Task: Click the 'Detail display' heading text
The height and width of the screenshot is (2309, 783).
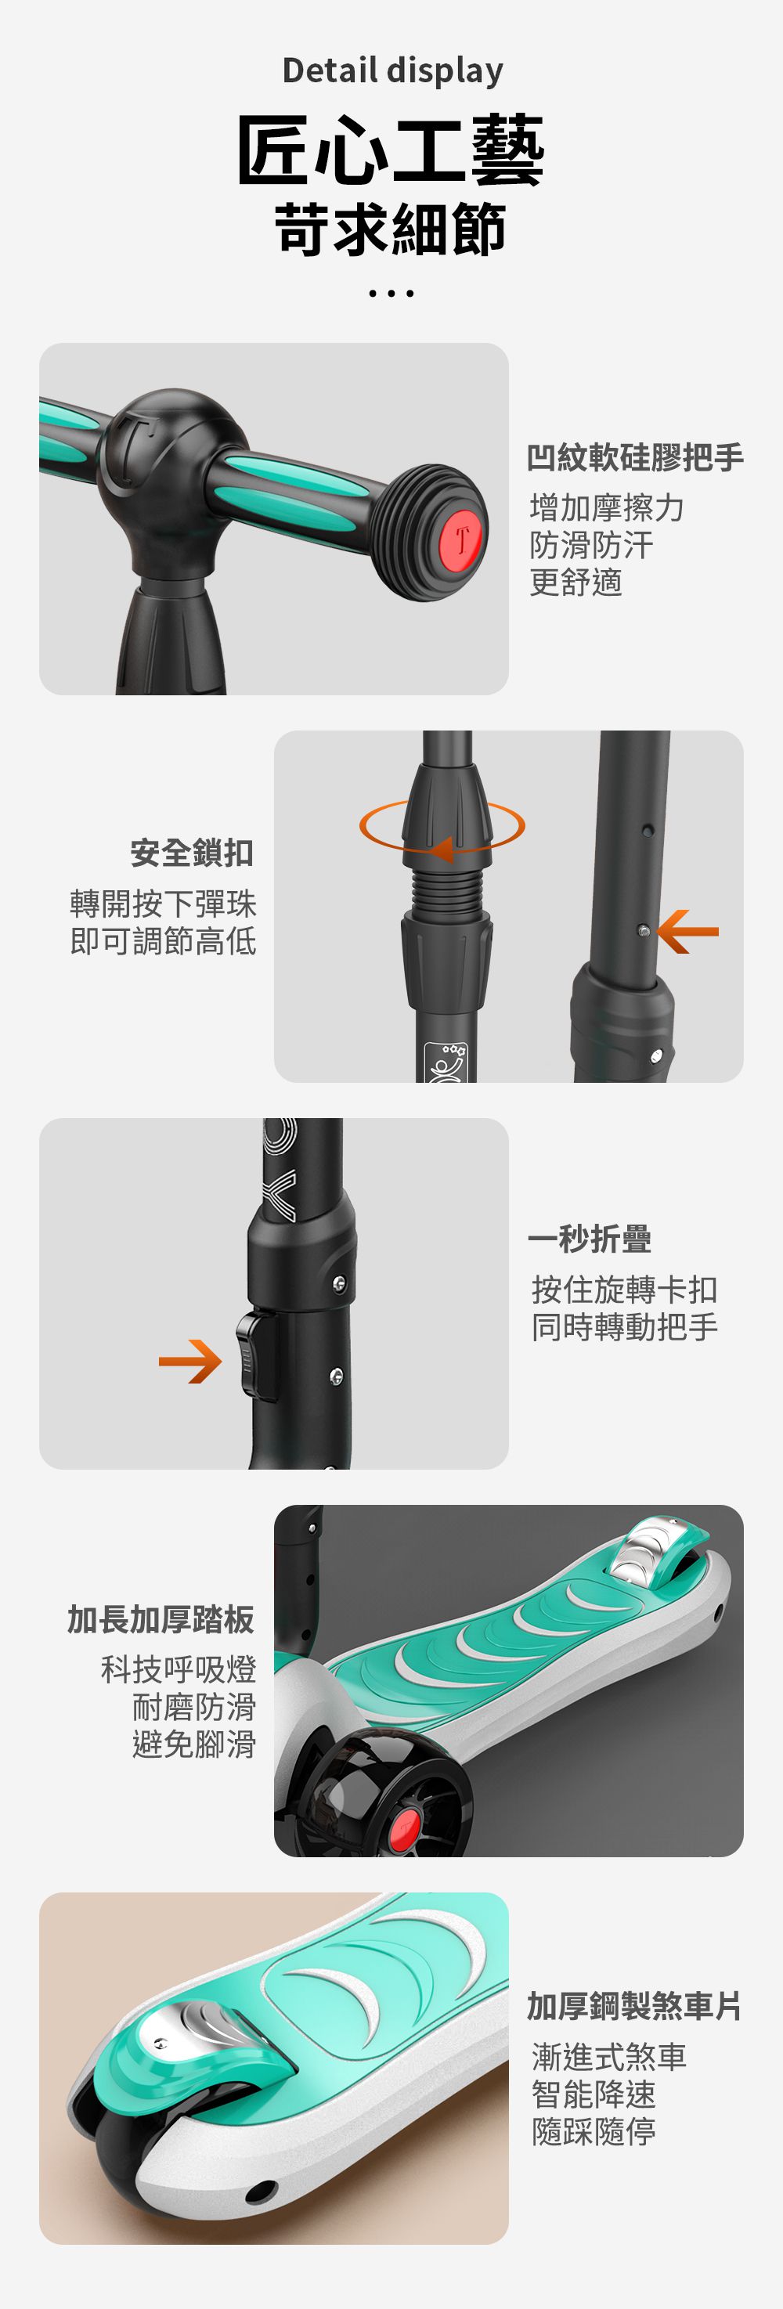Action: [x=391, y=70]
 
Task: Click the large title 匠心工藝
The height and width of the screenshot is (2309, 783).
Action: [x=391, y=150]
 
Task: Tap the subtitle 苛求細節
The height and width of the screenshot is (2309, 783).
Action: [x=391, y=229]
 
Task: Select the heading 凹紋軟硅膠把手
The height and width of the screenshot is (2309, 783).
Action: [x=635, y=458]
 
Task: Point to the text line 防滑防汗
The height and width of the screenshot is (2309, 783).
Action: [x=591, y=545]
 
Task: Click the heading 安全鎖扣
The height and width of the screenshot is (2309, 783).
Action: [x=192, y=853]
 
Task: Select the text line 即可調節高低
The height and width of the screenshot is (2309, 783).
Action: [x=163, y=941]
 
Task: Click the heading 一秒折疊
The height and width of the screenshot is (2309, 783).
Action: [x=590, y=1239]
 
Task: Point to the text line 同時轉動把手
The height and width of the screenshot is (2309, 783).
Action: [x=624, y=1326]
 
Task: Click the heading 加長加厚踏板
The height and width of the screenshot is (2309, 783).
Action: [x=161, y=1620]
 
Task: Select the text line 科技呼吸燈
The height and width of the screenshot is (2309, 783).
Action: [x=179, y=1670]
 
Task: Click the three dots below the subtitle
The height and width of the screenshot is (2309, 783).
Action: [x=391, y=293]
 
